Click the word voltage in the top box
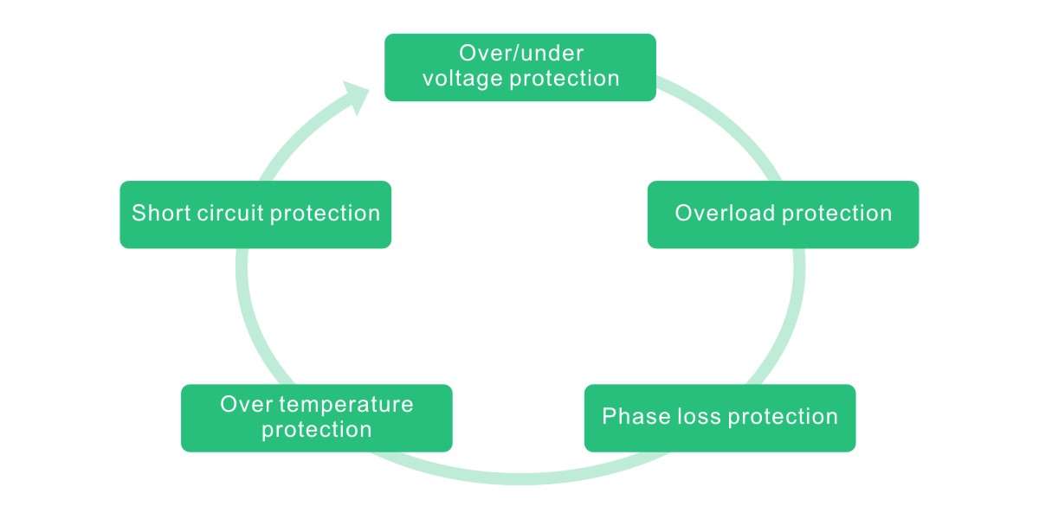(x=462, y=79)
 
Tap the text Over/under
(x=520, y=54)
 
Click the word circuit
(x=231, y=214)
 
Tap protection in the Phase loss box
(x=783, y=418)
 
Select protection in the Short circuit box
(x=325, y=214)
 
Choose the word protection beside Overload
(x=837, y=214)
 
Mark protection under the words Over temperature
(x=317, y=429)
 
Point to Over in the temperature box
(x=247, y=404)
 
